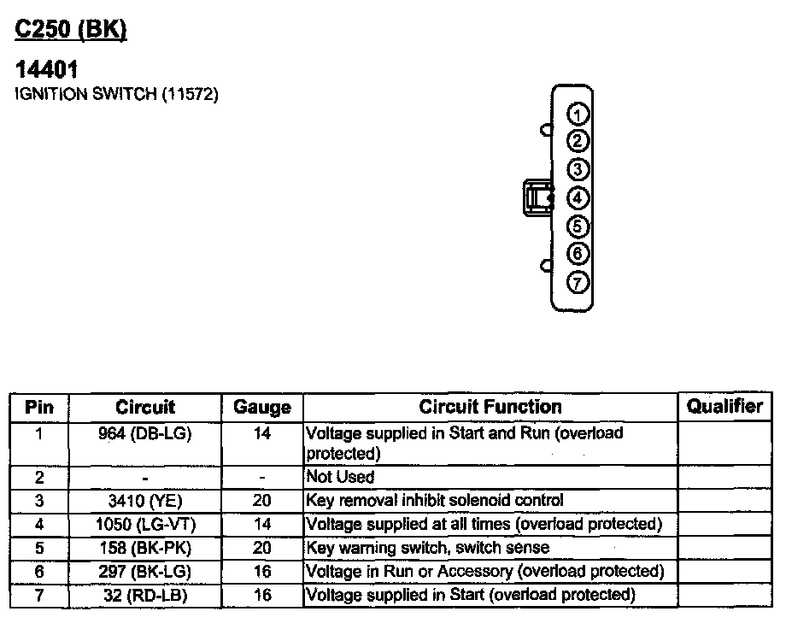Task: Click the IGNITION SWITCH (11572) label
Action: (x=117, y=94)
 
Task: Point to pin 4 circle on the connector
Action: (x=578, y=198)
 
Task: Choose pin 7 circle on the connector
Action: (x=578, y=282)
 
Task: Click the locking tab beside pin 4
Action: (x=537, y=198)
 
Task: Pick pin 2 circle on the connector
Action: (x=578, y=142)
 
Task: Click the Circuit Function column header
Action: (x=490, y=407)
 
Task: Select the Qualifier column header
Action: (x=724, y=406)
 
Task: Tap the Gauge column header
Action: (x=262, y=408)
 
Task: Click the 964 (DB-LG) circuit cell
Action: (x=144, y=433)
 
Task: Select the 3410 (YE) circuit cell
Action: (x=144, y=500)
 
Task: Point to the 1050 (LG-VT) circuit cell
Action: (x=144, y=523)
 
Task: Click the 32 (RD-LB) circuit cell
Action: (x=144, y=594)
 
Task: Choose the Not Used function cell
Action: (x=340, y=477)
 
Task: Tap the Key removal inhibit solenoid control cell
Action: (x=434, y=500)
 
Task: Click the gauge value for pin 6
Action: (x=262, y=571)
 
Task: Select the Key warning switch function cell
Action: (x=427, y=547)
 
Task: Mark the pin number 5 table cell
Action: (x=39, y=547)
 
